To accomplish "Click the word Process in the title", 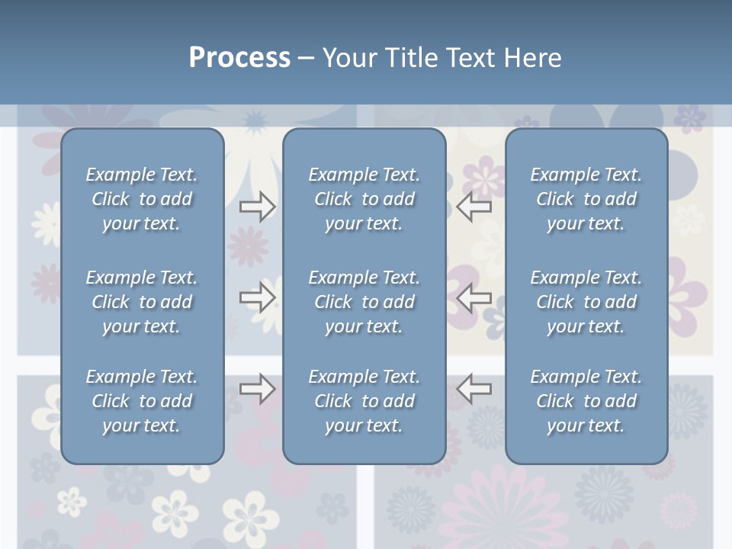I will (x=239, y=58).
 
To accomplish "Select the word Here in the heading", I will (x=531, y=58).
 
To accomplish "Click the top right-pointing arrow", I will (x=257, y=206).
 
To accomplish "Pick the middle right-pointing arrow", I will (x=257, y=297).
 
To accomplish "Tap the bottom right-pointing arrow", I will (x=257, y=388).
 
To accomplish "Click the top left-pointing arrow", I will (x=474, y=206).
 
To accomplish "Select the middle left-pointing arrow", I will (x=474, y=297).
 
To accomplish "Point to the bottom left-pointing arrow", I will (x=474, y=388).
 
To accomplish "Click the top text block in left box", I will (x=142, y=199).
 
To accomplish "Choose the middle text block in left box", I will (x=142, y=302).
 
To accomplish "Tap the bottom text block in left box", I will (x=142, y=401).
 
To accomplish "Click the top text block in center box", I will (x=364, y=199).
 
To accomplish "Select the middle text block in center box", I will (x=364, y=302).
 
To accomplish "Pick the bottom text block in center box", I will (x=364, y=401).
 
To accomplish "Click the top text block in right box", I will (x=586, y=199).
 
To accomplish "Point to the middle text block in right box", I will (x=586, y=302).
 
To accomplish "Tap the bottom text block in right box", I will (x=586, y=401).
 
